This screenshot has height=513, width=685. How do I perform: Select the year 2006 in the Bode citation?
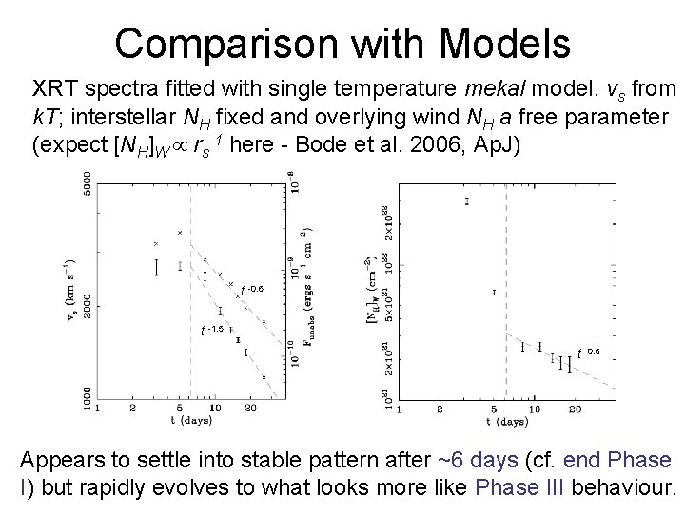(x=455, y=147)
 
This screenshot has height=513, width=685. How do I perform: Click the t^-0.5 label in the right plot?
(x=589, y=352)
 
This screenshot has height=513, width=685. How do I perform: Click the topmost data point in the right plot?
(x=466, y=200)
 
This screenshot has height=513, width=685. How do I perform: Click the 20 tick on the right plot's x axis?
(x=574, y=408)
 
